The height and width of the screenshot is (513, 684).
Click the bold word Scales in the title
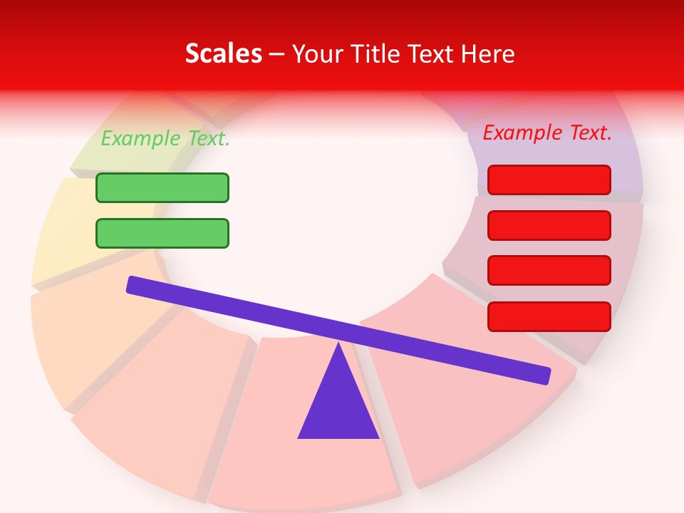point(223,53)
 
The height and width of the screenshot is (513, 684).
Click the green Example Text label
point(165,138)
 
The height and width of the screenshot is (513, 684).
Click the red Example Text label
point(547,133)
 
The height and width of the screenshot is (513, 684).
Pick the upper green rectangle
point(162,187)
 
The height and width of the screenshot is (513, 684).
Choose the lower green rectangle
point(162,233)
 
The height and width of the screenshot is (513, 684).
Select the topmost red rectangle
point(549,180)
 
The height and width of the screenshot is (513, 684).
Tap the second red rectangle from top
point(549,225)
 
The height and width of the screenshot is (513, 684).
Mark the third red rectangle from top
point(549,270)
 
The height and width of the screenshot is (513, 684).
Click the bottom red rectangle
point(549,316)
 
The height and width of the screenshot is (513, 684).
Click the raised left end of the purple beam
point(133,284)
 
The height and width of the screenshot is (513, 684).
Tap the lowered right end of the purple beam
point(544,375)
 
